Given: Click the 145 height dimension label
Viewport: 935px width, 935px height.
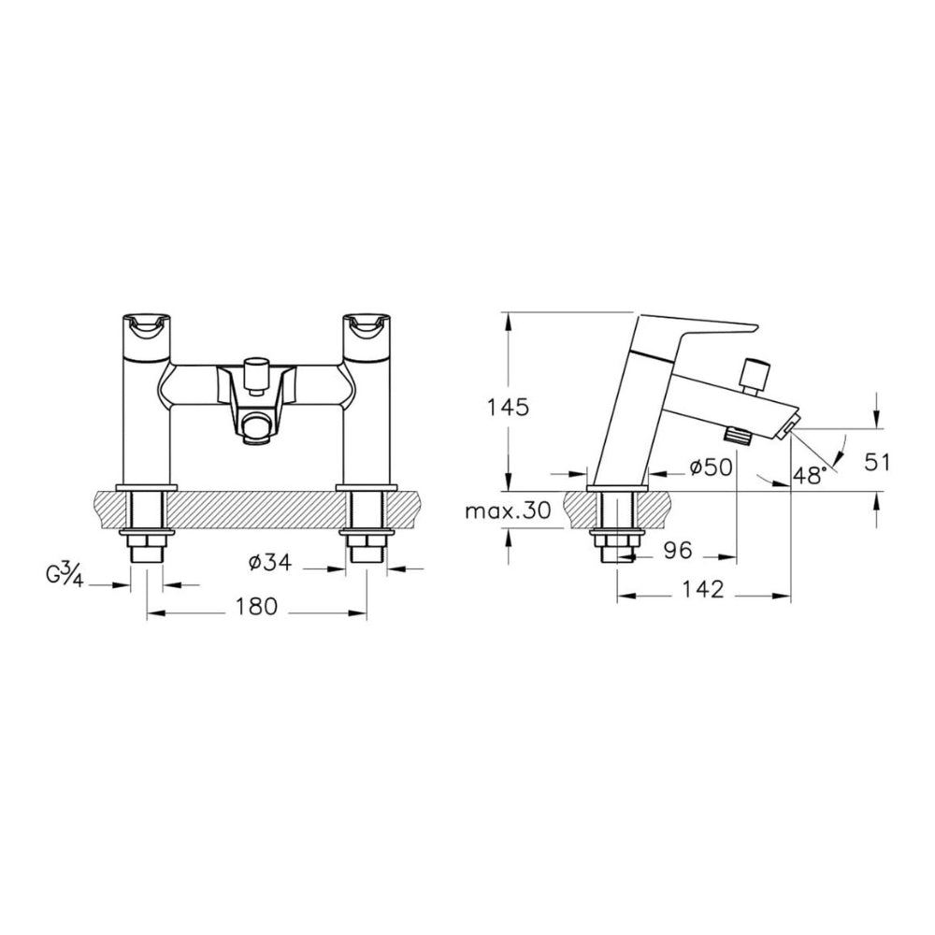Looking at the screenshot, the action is (508, 408).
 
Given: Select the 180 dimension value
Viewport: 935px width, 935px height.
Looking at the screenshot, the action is (256, 607).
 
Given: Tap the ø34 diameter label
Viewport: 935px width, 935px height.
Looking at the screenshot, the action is (270, 562).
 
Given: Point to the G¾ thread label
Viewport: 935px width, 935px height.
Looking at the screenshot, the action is (64, 576).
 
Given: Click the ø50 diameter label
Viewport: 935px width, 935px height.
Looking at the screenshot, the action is (711, 468).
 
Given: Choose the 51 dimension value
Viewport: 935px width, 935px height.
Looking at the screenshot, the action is (877, 462).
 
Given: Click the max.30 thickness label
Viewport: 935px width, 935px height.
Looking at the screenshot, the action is (508, 511).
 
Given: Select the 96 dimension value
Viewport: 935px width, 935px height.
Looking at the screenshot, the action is (678, 550).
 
